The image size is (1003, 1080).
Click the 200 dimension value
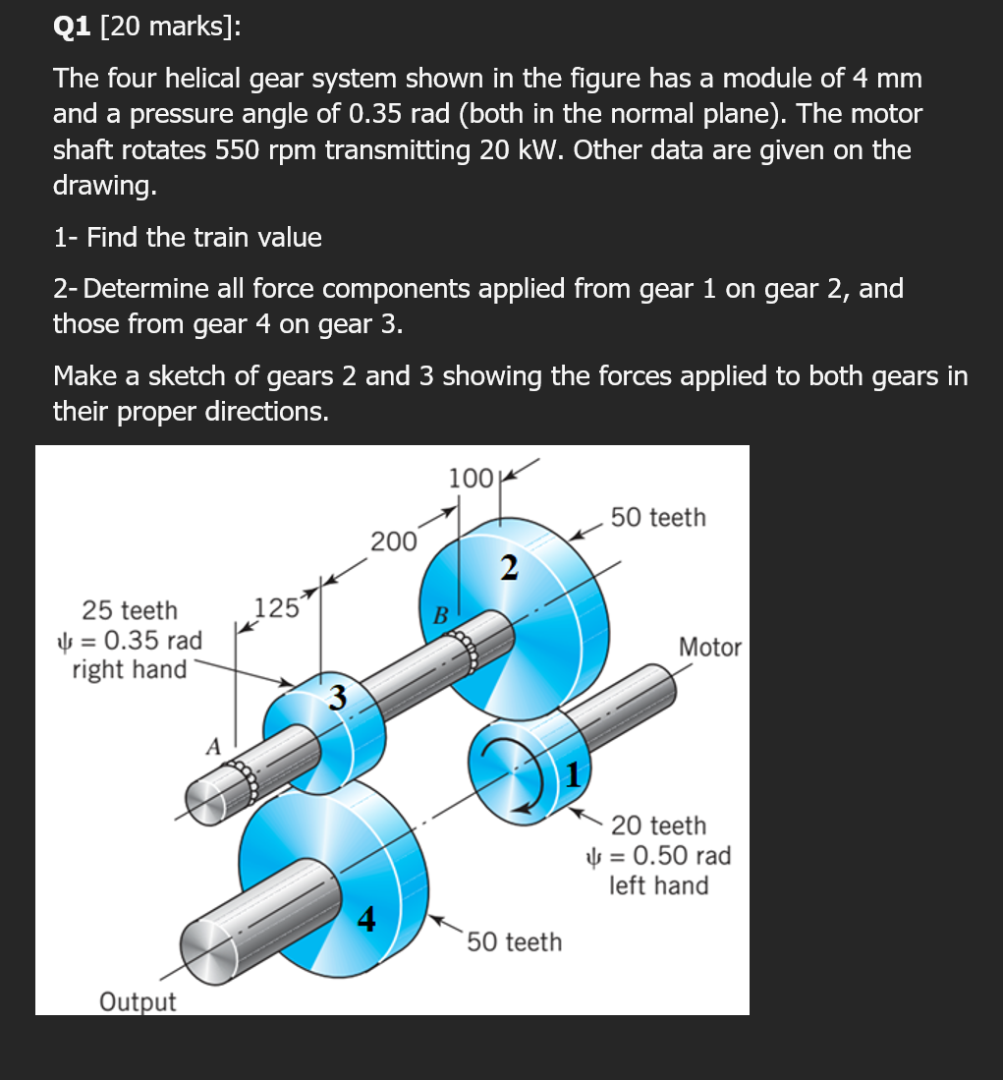393,541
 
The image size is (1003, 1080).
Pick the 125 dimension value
276,606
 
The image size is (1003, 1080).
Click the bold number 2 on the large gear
507,568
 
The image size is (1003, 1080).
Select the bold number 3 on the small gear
337,698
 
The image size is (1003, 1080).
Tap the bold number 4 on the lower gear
365,919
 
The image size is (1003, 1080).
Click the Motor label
710,648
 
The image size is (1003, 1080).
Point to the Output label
138,1002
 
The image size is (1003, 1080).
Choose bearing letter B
441,616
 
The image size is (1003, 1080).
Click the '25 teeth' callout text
130,610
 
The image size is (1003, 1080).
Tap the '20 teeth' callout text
658,825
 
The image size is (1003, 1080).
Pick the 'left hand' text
658,885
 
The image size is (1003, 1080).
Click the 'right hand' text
130,669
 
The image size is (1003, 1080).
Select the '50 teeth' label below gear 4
514,941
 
